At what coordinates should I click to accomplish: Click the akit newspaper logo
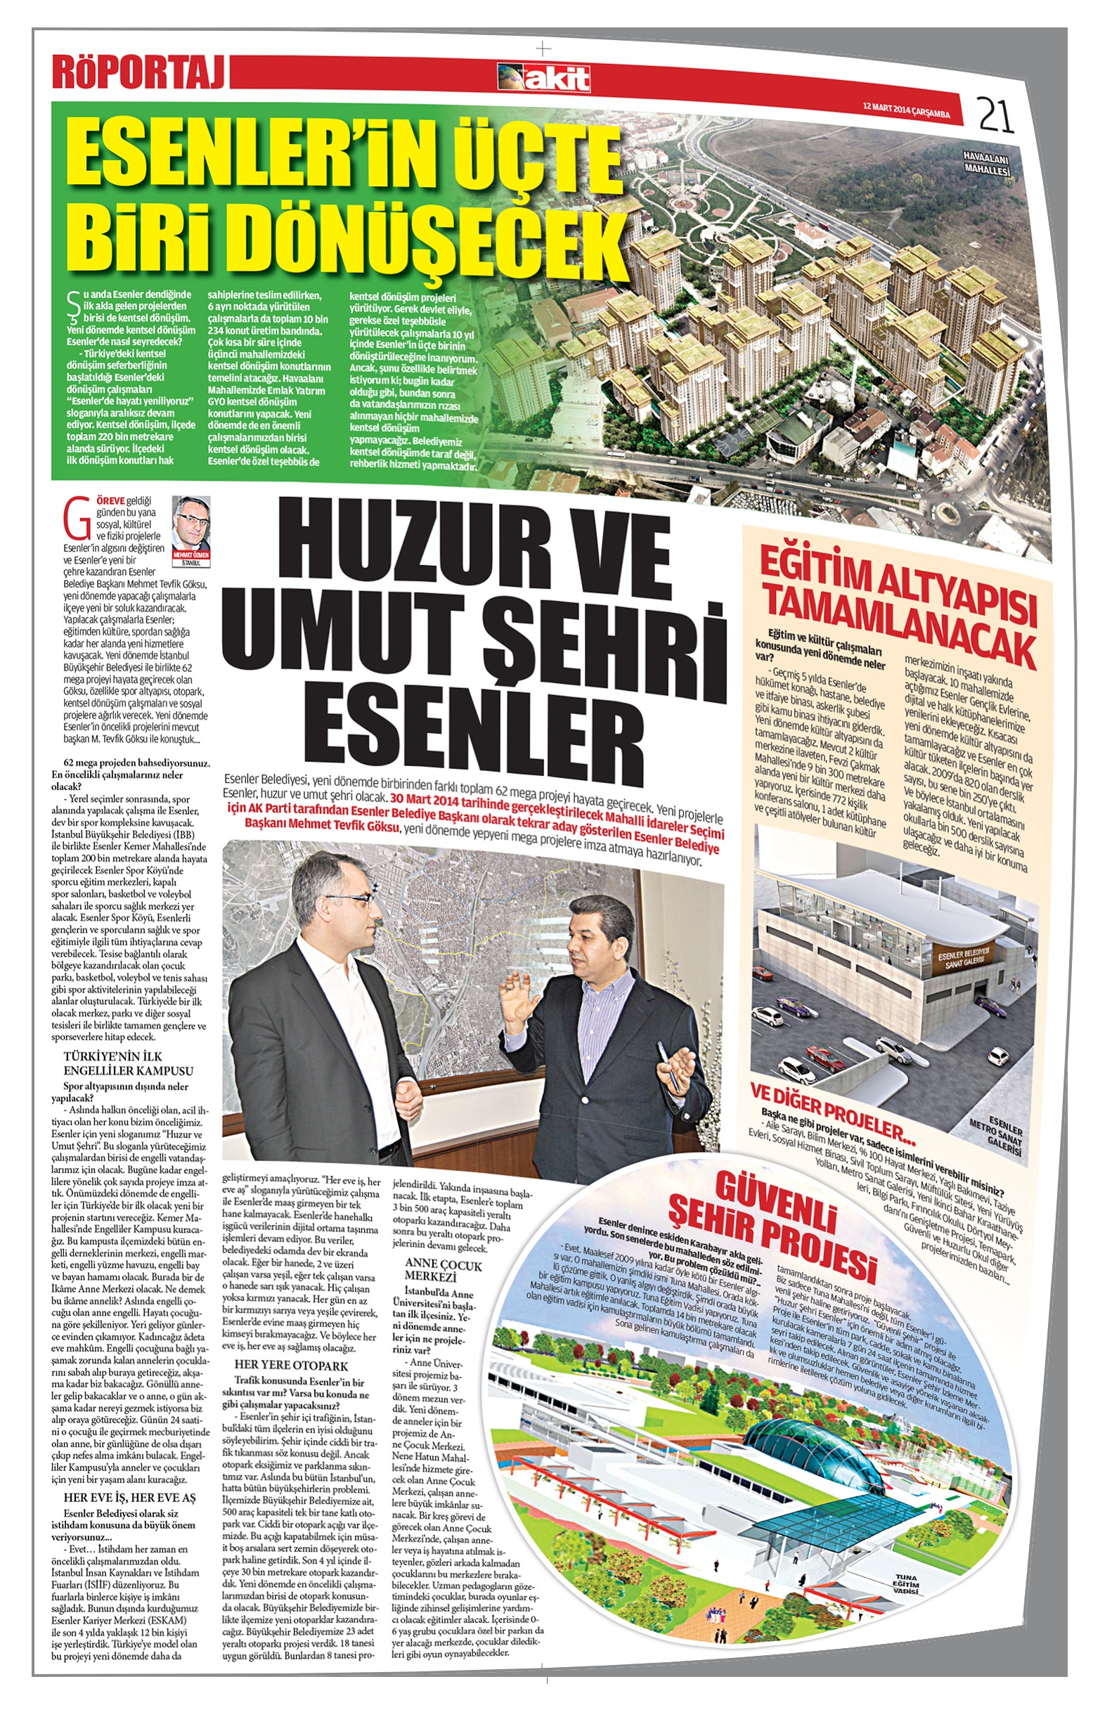click(x=543, y=78)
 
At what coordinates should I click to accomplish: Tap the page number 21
click(x=996, y=114)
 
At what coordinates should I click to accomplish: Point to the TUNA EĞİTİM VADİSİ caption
click(x=903, y=1580)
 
